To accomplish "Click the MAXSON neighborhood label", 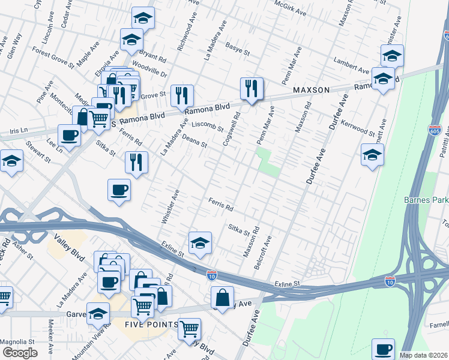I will point(311,90).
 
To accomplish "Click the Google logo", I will point(20,353).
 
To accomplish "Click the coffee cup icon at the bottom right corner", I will point(383,349).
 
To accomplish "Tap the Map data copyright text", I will point(424,355).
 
